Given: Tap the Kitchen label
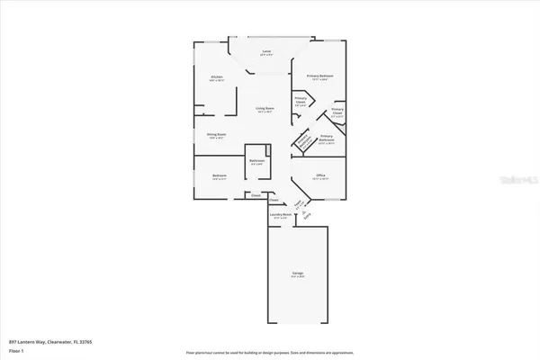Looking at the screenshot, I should point(216,78).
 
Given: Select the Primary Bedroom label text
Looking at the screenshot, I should point(320,76).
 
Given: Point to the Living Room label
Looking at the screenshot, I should point(264,110).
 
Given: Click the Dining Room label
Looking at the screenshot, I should point(216,136).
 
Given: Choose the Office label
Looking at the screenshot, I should point(320,176).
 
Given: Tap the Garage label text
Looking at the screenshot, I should point(297,274).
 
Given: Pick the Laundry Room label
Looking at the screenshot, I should point(280,216).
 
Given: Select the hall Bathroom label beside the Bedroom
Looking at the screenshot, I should point(256,162).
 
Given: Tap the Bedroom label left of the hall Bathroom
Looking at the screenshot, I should point(219,176).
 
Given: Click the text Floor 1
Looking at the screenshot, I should point(15,351).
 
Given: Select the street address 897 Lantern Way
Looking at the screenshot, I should point(31,343).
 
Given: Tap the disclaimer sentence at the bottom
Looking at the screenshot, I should point(269,352).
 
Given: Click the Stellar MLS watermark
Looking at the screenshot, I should point(513,181).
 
